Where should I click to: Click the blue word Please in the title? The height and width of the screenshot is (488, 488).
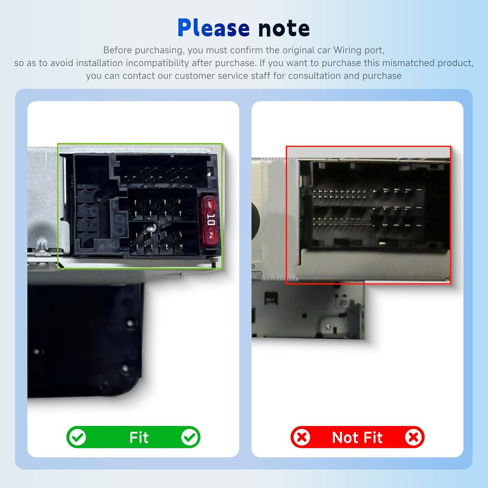[213, 28]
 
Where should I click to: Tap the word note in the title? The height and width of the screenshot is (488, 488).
[284, 28]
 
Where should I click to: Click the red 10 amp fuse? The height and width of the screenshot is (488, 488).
[210, 221]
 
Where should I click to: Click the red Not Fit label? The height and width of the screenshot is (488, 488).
[357, 437]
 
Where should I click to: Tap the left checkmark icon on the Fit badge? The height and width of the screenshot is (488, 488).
[78, 437]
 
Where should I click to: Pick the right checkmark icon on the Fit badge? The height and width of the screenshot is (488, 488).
[190, 437]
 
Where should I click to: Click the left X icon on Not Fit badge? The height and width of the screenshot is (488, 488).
[302, 437]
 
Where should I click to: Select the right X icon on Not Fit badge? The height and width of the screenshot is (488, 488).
[413, 437]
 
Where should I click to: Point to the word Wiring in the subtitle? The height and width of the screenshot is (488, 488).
[348, 50]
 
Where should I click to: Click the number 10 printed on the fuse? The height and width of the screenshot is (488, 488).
[211, 219]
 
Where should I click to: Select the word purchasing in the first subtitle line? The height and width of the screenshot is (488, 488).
[159, 50]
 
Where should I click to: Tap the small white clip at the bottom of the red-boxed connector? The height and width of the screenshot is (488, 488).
[382, 244]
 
